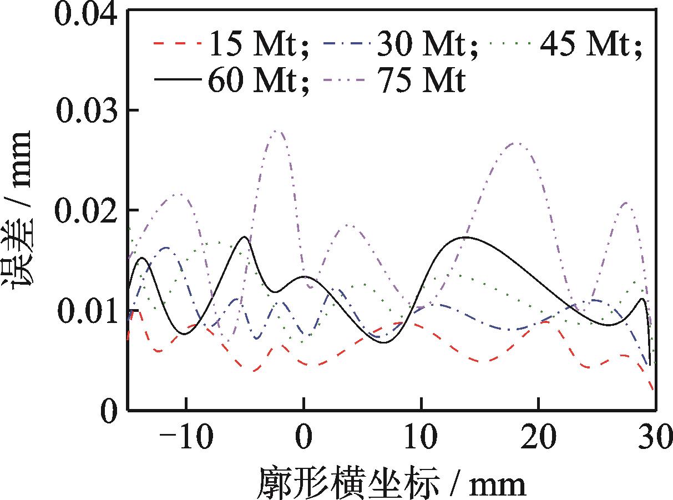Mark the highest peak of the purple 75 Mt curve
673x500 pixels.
[x=277, y=131]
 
